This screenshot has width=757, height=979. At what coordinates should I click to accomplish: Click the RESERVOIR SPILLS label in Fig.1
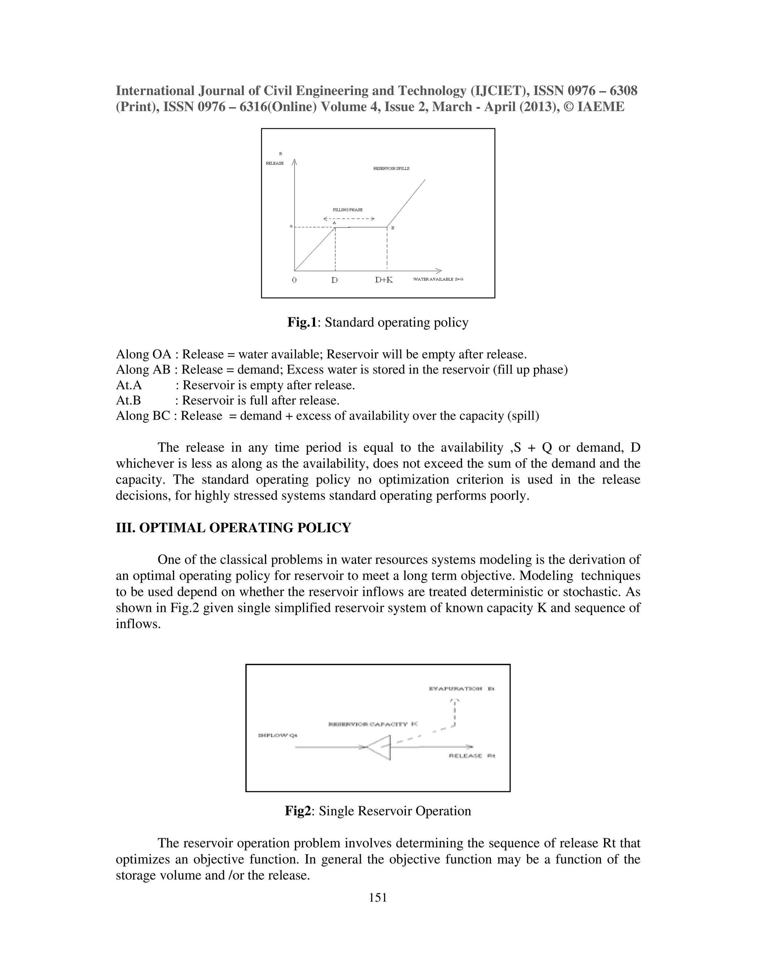pyautogui.click(x=391, y=168)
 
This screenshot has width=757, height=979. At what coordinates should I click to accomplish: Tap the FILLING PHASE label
pyautogui.click(x=347, y=210)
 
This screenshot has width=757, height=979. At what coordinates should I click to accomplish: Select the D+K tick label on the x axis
pyautogui.click(x=384, y=280)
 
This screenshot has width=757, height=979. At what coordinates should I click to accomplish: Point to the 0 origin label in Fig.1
pyautogui.click(x=294, y=280)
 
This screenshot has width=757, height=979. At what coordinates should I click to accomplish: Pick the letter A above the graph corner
pyautogui.click(x=334, y=222)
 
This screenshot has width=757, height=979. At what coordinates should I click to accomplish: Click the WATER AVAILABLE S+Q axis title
pyautogui.click(x=438, y=279)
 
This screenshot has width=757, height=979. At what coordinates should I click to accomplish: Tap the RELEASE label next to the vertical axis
pyautogui.click(x=275, y=163)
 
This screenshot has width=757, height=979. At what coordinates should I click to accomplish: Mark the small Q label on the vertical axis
pyautogui.click(x=291, y=226)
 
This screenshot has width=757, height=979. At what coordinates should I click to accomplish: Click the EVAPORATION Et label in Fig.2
pyautogui.click(x=461, y=689)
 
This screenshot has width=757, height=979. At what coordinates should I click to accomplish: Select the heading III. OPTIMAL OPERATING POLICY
pyautogui.click(x=233, y=528)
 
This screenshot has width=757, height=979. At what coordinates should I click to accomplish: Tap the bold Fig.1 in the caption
pyautogui.click(x=302, y=322)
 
